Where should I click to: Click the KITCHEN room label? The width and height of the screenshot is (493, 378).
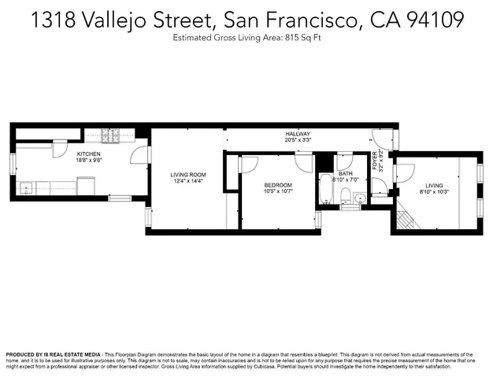pyautogui.click(x=87, y=154)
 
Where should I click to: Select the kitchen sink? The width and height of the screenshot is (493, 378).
pyautogui.click(x=28, y=189)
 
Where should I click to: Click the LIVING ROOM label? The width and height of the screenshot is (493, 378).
pyautogui.click(x=187, y=175)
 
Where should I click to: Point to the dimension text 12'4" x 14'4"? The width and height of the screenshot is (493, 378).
pyautogui.click(x=187, y=182)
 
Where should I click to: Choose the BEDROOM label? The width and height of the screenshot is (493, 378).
pyautogui.click(x=277, y=185)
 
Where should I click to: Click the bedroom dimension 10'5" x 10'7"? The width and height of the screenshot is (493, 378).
pyautogui.click(x=277, y=191)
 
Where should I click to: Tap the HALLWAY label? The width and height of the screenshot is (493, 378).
pyautogui.click(x=298, y=135)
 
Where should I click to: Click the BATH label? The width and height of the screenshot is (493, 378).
pyautogui.click(x=345, y=174)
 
